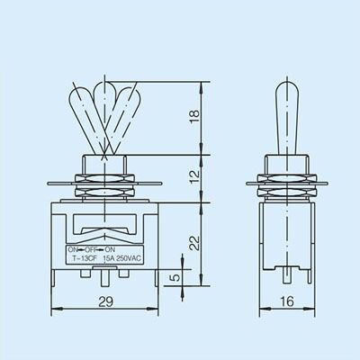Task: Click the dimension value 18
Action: point(194,115)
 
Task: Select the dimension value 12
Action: point(194,177)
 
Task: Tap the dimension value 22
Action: point(194,243)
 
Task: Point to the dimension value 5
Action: point(176,277)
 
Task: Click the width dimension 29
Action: point(106,301)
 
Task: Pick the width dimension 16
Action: point(287,301)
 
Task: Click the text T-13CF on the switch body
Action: point(84,258)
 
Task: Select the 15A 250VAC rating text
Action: point(122,258)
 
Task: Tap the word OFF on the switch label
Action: point(90,249)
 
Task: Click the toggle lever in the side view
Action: point(287,118)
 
